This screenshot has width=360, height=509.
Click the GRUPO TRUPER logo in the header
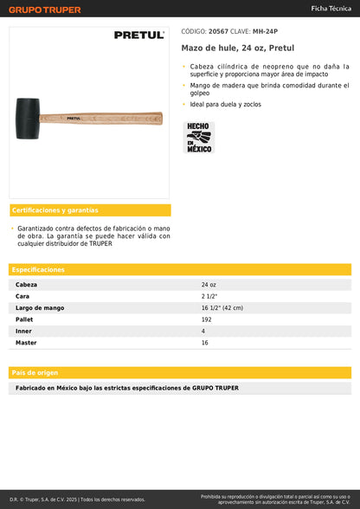pyautogui.click(x=45, y=10)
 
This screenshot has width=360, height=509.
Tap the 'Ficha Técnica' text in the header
pyautogui.click(x=331, y=8)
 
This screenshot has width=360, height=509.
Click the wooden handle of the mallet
pyautogui.click(x=112, y=117)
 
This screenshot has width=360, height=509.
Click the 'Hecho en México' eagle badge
pyautogui.click(x=199, y=138)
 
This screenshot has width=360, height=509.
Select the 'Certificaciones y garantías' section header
pyautogui.click(x=55, y=210)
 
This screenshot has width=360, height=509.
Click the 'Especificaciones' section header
pyautogui.click(x=39, y=270)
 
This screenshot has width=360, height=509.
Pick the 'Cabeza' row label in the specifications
pyautogui.click(x=27, y=285)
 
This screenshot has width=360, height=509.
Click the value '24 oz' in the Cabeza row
pyautogui.click(x=209, y=285)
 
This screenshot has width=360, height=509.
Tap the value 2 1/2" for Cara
pyautogui.click(x=209, y=296)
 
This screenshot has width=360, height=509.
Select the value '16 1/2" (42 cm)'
pyautogui.click(x=222, y=308)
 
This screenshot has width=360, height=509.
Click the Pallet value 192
pyautogui.click(x=207, y=319)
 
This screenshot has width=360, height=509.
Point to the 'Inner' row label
pyautogui.click(x=24, y=332)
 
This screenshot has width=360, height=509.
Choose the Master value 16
pyautogui.click(x=205, y=343)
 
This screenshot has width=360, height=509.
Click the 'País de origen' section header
pyautogui.click(x=35, y=372)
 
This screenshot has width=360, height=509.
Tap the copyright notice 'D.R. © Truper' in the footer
pyautogui.click(x=78, y=499)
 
